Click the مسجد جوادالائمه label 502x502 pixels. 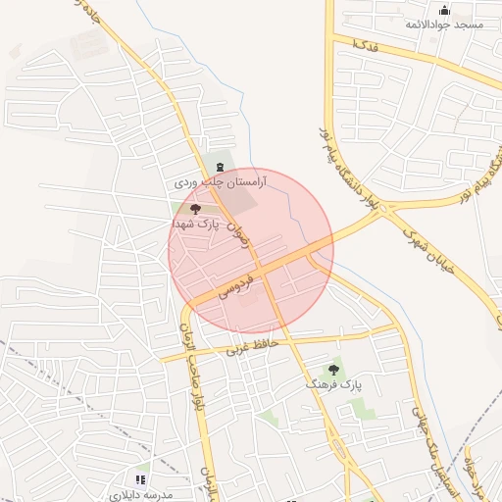[x=445, y=24]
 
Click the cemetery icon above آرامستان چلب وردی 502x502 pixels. [x=219, y=168]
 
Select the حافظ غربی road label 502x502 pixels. [x=253, y=344]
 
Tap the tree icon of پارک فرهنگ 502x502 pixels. [x=334, y=370]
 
